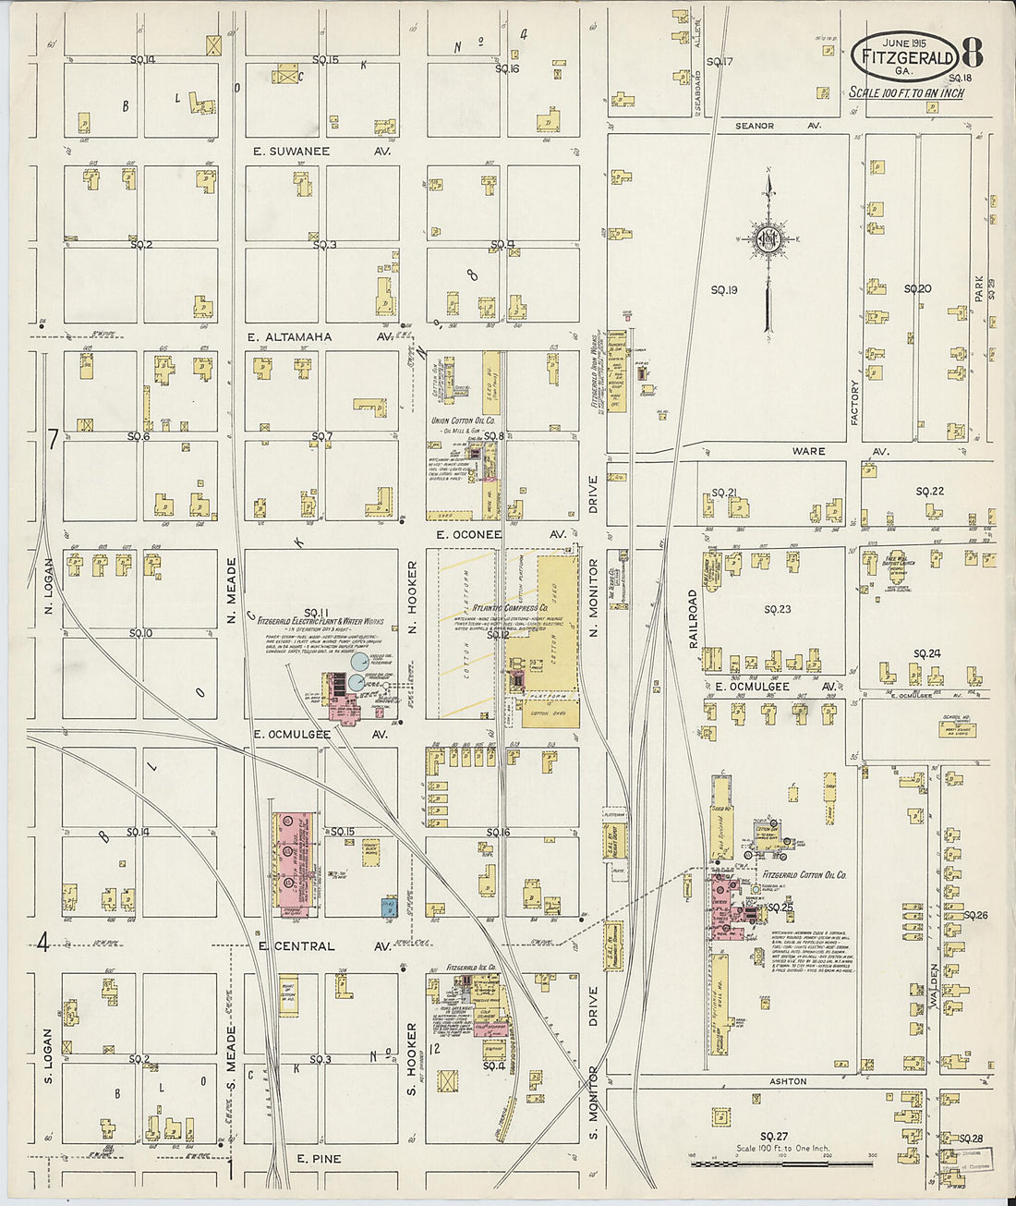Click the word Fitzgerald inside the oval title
(907, 57)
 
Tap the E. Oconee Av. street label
(501, 534)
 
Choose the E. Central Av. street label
(324, 946)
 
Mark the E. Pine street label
(319, 1158)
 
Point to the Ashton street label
(788, 1080)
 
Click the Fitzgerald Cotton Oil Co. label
(804, 874)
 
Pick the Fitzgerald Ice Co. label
(471, 968)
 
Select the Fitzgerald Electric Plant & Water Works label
(320, 621)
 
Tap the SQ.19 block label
(723, 290)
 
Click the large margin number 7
(53, 441)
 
